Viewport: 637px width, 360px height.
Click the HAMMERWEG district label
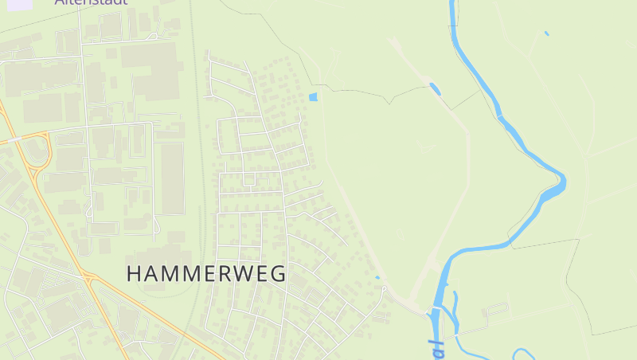pyautogui.click(x=206, y=273)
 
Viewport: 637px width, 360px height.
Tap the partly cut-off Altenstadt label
pyautogui.click(x=91, y=2)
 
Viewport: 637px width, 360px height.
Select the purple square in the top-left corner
pyautogui.click(x=20, y=3)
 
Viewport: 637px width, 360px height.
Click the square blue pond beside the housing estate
pyautogui.click(x=312, y=97)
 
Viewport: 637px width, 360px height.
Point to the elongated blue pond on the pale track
pyautogui.click(x=435, y=88)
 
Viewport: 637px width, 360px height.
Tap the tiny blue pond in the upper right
pyautogui.click(x=546, y=33)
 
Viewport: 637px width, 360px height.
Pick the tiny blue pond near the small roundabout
pyautogui.click(x=377, y=277)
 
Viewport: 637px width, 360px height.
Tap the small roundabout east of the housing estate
pyautogui.click(x=384, y=288)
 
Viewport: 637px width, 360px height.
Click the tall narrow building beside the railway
pyautogui.click(x=173, y=178)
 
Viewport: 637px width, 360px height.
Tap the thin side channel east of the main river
pyautogui.click(x=455, y=311)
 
